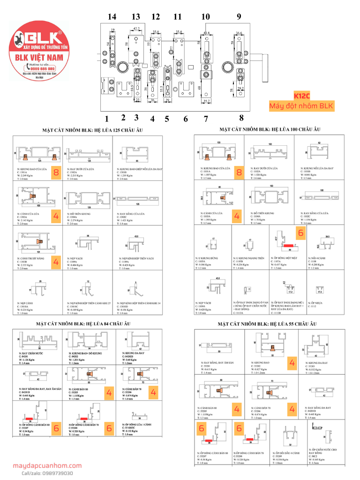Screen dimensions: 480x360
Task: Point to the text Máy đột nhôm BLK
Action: (x=301, y=106)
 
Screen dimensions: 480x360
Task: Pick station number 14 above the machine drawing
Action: (x=112, y=17)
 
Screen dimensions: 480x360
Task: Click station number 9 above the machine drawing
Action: (x=239, y=17)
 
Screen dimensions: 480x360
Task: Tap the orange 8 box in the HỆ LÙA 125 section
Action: (x=56, y=173)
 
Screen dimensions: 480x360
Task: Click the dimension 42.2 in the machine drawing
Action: (x=136, y=29)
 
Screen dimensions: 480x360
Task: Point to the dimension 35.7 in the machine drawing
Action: (x=206, y=101)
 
